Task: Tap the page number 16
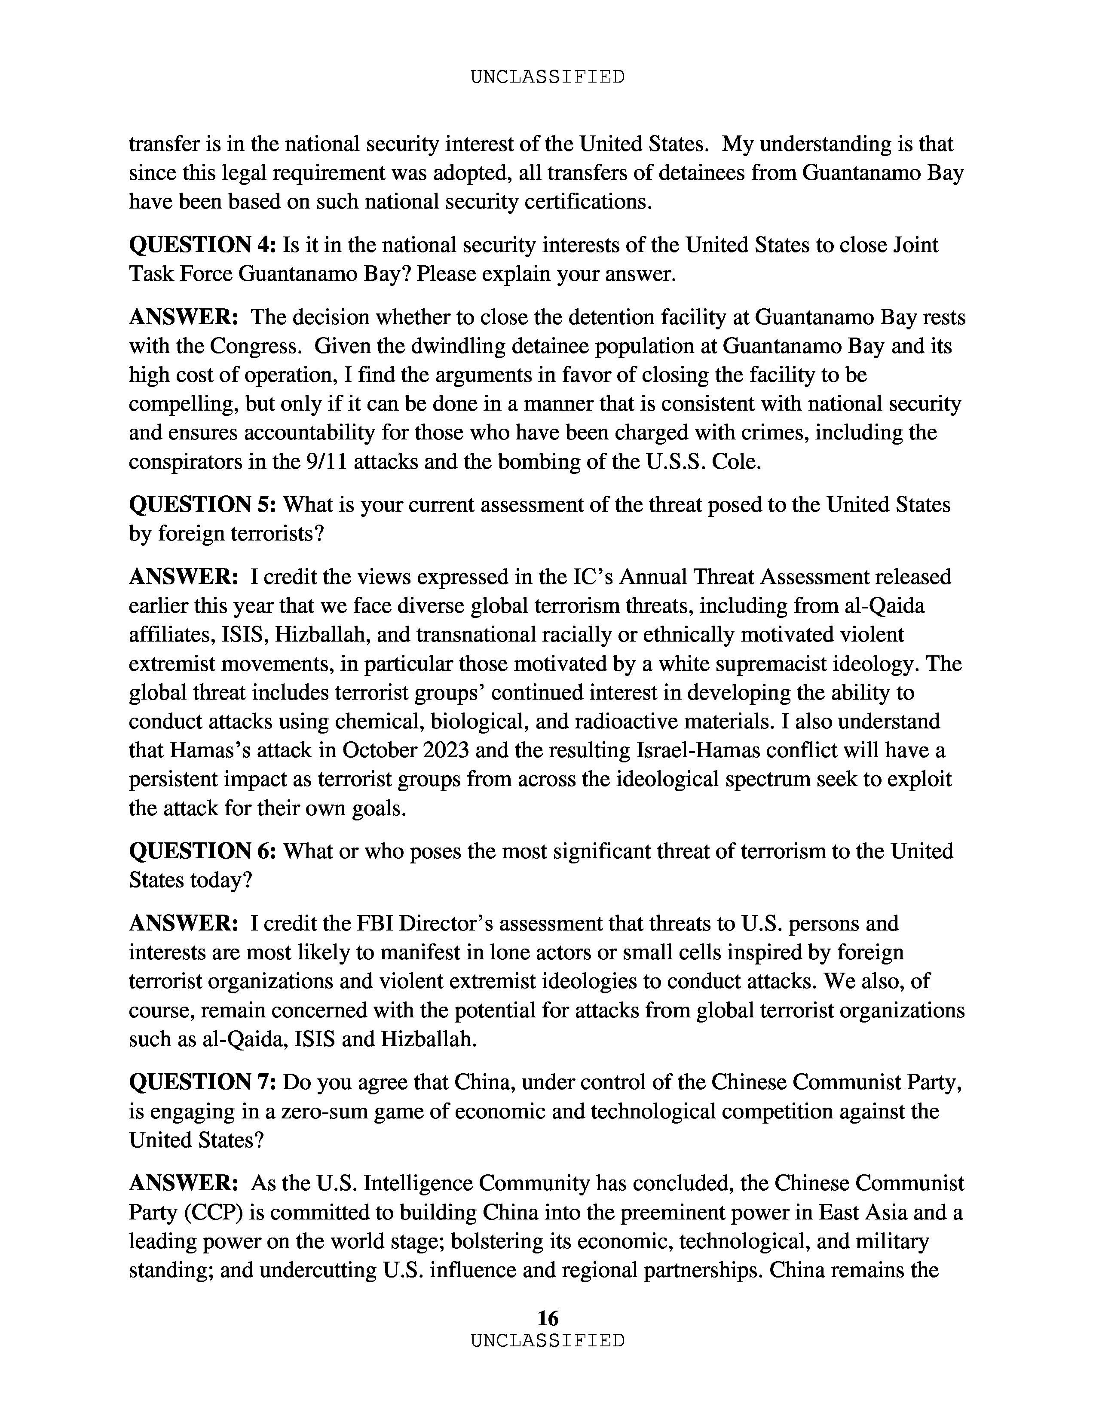547,1318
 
